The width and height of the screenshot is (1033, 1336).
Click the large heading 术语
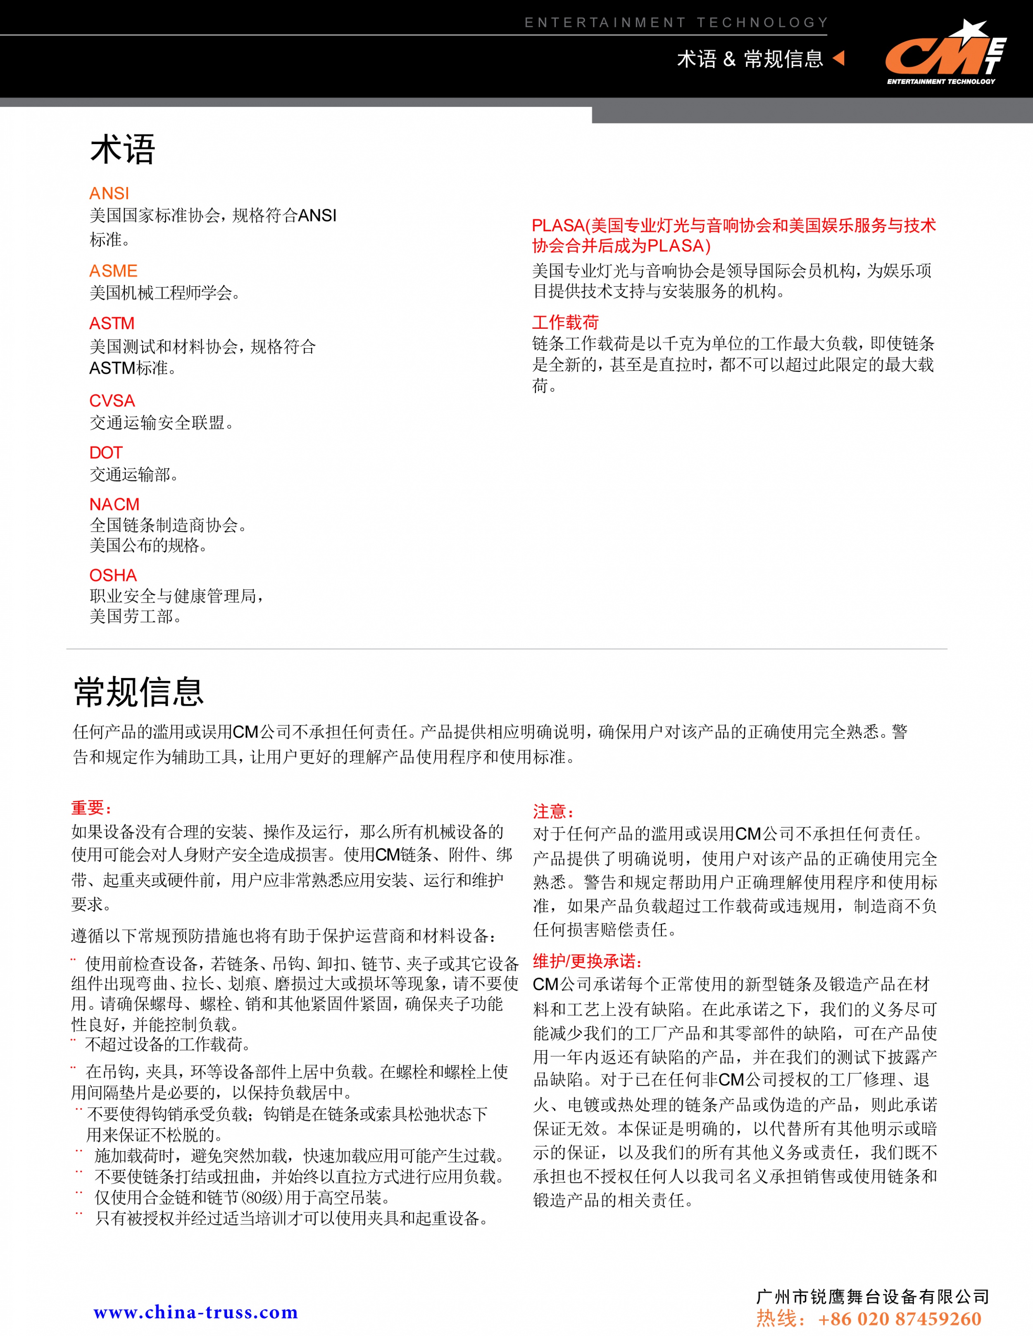click(x=123, y=150)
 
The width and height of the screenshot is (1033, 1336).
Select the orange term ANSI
click(x=109, y=193)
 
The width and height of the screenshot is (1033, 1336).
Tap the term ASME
click(x=113, y=271)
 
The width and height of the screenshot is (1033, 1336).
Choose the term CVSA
click(x=112, y=401)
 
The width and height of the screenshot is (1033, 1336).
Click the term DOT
click(x=106, y=453)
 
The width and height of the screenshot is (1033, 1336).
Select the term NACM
click(x=114, y=504)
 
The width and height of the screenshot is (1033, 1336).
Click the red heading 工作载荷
click(x=565, y=323)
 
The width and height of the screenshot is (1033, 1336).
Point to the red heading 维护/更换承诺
click(x=587, y=961)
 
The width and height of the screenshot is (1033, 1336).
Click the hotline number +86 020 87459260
click(x=900, y=1319)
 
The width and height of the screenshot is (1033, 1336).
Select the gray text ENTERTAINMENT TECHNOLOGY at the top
click(x=676, y=23)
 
